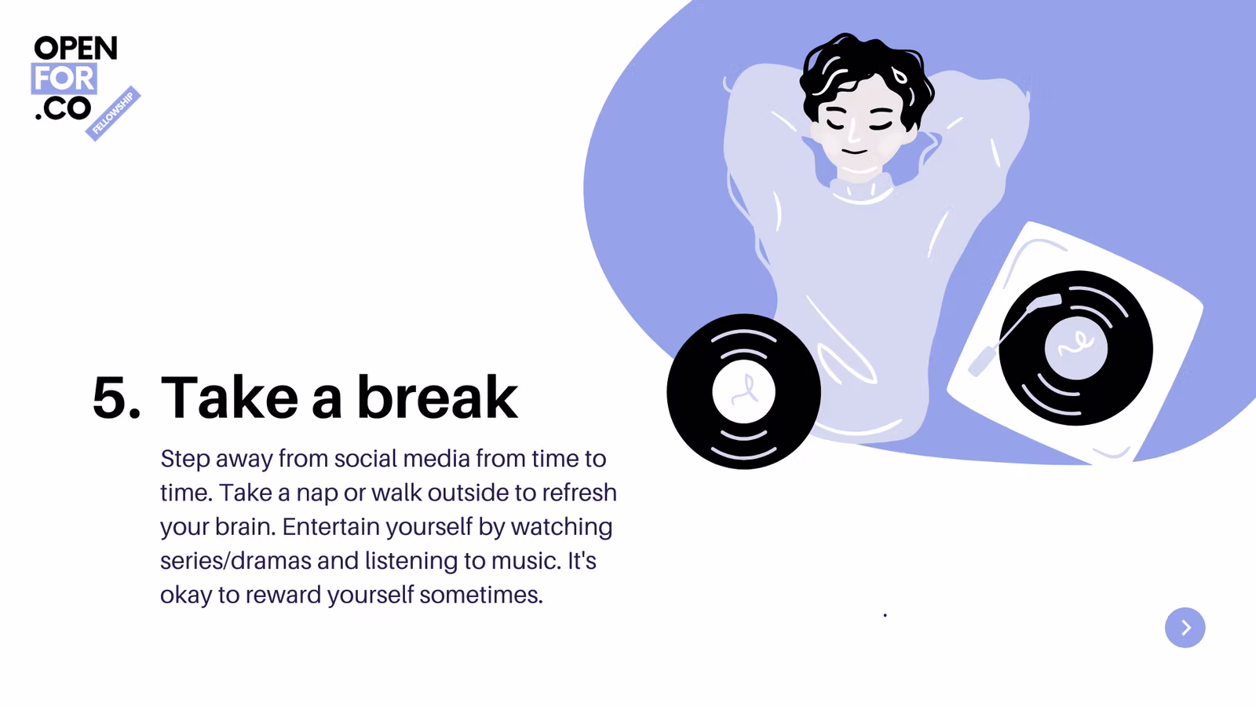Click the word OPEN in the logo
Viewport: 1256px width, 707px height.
tap(75, 48)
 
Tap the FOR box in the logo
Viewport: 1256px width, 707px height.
tap(64, 79)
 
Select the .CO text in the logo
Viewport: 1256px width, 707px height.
tap(63, 107)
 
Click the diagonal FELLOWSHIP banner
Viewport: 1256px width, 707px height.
tap(113, 113)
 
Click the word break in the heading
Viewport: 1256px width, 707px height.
tap(437, 396)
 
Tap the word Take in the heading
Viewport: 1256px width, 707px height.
tap(229, 396)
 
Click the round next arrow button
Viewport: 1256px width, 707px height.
tap(1185, 628)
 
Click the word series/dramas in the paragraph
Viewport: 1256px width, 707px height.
tap(235, 561)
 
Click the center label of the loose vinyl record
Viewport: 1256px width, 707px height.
tap(743, 391)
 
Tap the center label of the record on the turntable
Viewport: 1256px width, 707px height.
tap(1076, 348)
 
